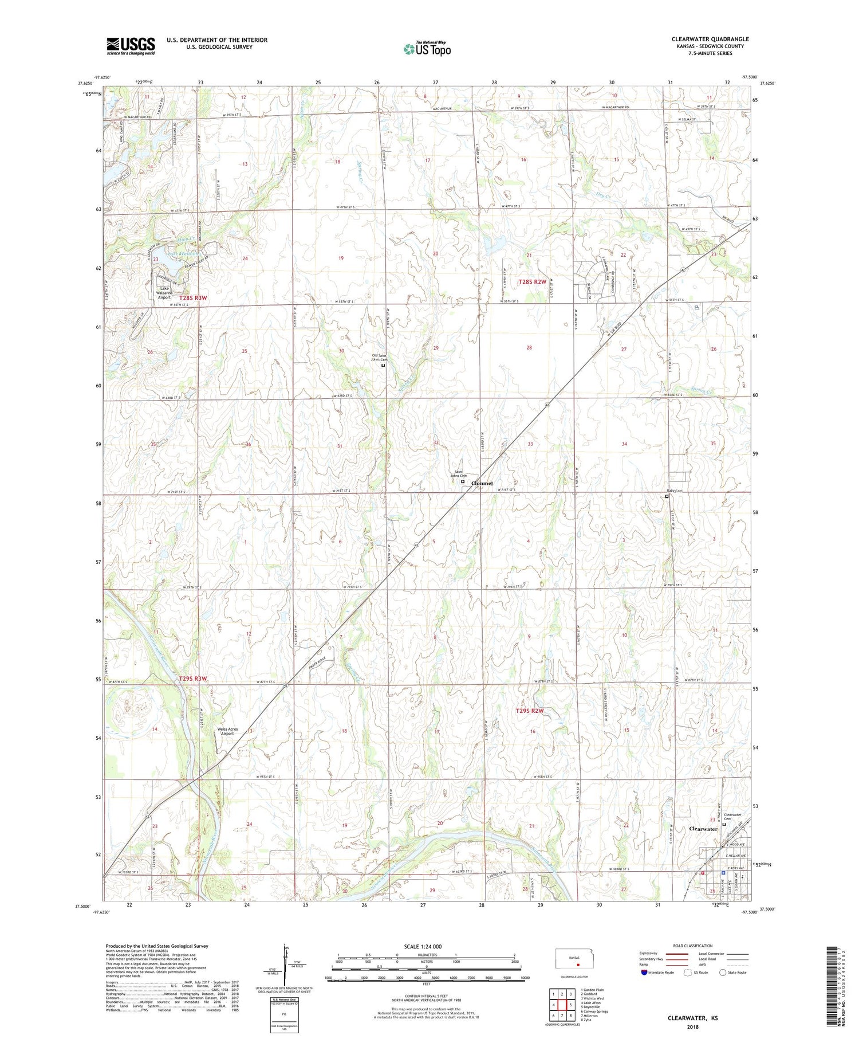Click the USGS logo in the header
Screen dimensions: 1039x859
130,46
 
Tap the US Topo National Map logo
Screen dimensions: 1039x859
427,49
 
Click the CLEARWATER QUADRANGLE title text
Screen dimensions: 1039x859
710,39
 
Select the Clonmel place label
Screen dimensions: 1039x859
482,484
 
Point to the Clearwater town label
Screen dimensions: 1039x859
703,829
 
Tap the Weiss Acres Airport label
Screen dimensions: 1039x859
228,732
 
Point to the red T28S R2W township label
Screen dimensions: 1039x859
533,282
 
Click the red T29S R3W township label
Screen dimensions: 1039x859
192,679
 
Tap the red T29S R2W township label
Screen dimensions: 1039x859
529,711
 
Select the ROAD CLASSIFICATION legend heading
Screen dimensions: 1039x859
693,946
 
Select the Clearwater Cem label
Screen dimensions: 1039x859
733,817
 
